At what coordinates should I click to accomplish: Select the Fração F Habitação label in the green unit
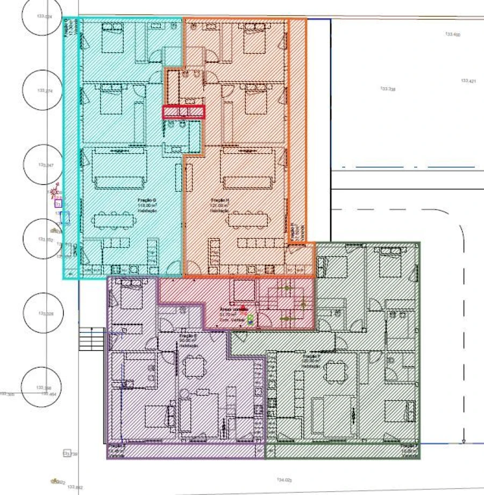coord(311,361)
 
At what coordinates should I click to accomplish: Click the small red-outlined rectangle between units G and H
coord(184,111)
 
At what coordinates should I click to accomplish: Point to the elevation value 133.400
coord(452,34)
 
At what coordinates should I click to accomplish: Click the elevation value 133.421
coord(468,81)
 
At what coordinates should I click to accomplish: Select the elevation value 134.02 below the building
coord(284,480)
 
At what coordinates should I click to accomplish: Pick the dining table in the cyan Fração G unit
coord(112,219)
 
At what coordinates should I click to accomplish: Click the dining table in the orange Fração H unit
coord(247,219)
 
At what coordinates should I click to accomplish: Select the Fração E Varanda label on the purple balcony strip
coord(117,449)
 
